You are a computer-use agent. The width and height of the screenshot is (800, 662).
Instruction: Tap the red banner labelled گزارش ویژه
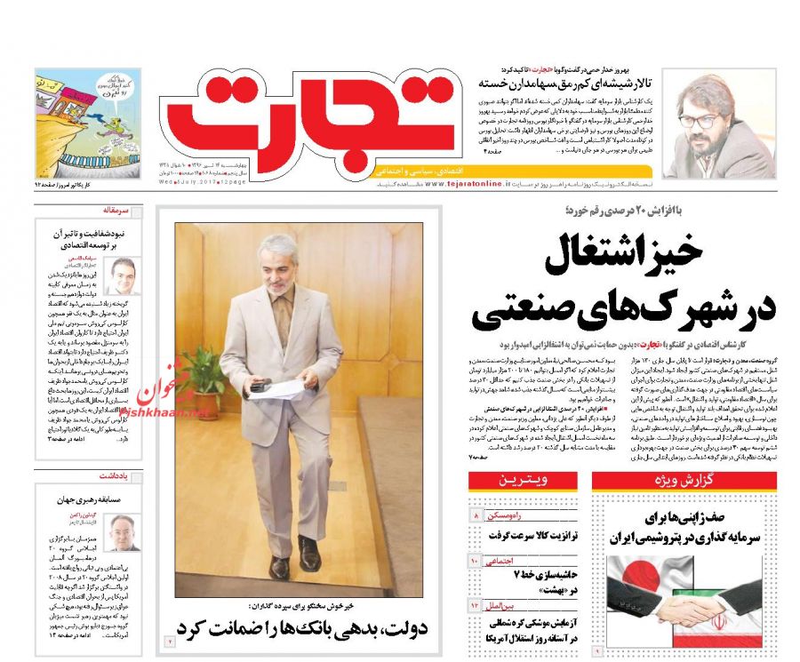click(x=684, y=481)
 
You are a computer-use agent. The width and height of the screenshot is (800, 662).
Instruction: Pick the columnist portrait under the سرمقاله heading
click(x=119, y=276)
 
